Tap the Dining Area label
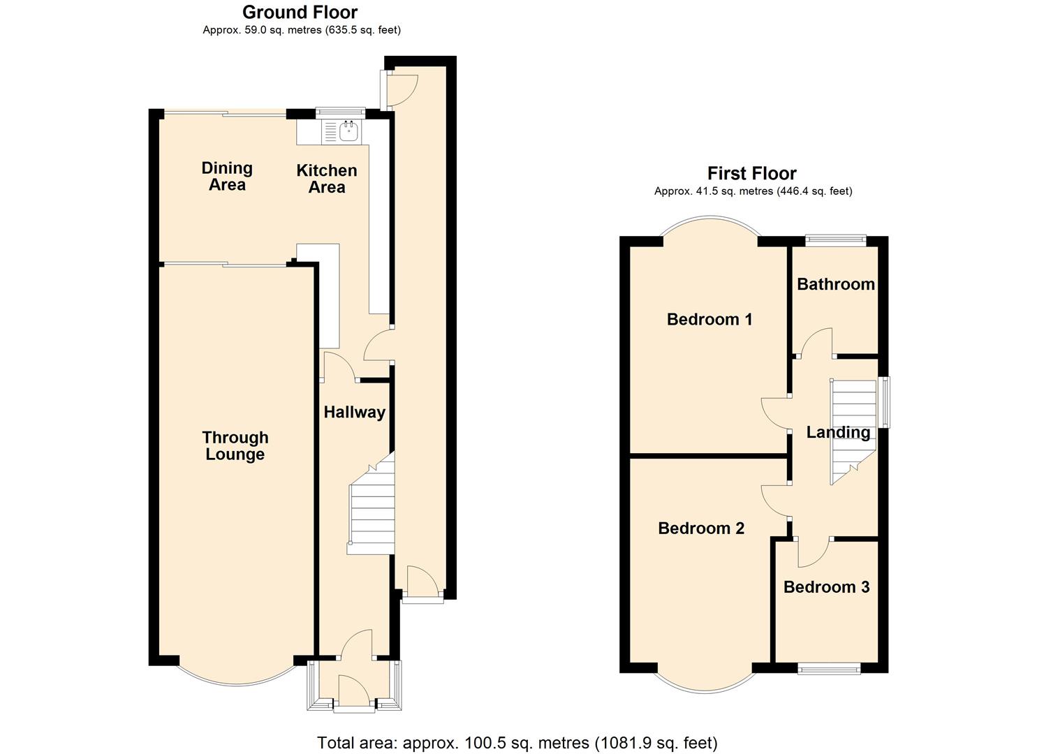click(227, 176)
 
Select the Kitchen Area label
click(326, 179)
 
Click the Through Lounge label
click(235, 445)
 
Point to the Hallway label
click(354, 412)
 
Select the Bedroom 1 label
click(709, 319)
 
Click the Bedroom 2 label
click(701, 528)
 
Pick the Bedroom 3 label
click(826, 586)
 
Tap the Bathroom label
click(835, 283)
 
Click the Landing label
click(838, 432)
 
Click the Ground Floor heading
click(300, 12)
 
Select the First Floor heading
click(751, 173)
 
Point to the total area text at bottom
click(517, 742)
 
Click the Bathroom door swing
click(815, 343)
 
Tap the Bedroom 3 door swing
click(812, 552)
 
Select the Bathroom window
click(835, 240)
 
